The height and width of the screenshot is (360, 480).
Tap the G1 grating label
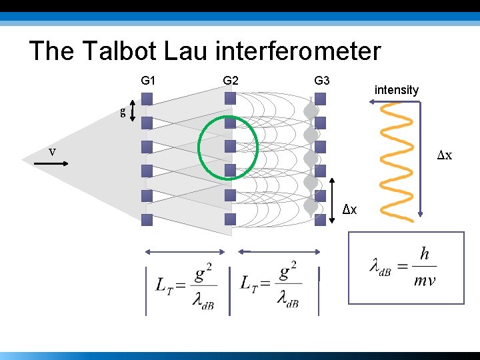click(x=148, y=81)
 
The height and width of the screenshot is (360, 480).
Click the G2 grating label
click(x=231, y=81)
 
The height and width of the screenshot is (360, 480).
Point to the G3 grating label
click(x=322, y=81)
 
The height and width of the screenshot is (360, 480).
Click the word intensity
click(x=397, y=89)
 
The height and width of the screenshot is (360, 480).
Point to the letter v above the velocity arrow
click(x=52, y=151)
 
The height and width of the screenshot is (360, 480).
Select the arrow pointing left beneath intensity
click(x=393, y=101)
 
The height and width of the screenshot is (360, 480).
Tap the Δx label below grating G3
click(x=349, y=210)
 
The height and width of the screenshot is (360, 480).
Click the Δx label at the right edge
click(x=445, y=155)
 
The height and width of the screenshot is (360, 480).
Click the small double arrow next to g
click(x=133, y=111)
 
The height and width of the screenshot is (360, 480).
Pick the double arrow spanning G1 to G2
click(x=187, y=252)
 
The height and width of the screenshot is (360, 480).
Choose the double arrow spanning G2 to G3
click(x=278, y=252)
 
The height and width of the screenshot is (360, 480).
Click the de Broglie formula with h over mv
click(x=405, y=266)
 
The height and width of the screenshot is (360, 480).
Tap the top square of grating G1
click(x=147, y=99)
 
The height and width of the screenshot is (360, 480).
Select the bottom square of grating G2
click(x=230, y=219)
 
